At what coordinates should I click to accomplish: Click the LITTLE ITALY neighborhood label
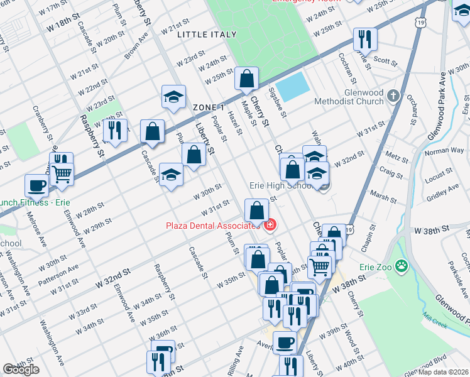pyautogui.click(x=207, y=35)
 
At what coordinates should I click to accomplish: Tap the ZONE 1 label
pyautogui.click(x=209, y=107)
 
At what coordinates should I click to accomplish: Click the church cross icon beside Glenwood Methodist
pyautogui.click(x=393, y=96)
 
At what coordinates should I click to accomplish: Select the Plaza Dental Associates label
pyautogui.click(x=213, y=226)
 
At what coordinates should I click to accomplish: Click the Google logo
pyautogui.click(x=21, y=369)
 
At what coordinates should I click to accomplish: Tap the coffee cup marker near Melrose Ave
pyautogui.click(x=36, y=185)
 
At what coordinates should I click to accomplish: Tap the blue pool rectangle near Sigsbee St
pyautogui.click(x=293, y=87)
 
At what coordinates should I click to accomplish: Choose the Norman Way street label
pyautogui.click(x=444, y=151)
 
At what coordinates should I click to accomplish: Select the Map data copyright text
pyautogui.click(x=442, y=371)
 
